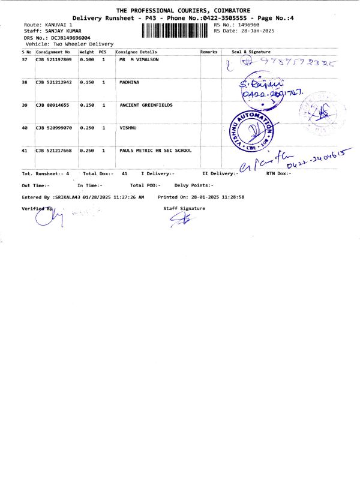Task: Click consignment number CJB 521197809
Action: tap(53, 60)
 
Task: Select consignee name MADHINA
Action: tap(130, 82)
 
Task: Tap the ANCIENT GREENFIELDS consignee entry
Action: tap(146, 105)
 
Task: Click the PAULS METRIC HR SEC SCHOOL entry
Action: tap(155, 151)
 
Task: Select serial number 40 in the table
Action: tap(25, 128)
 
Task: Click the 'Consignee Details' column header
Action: tap(136, 52)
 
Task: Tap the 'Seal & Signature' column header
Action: tap(251, 52)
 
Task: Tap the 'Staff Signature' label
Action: tap(184, 208)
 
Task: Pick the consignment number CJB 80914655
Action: tap(53, 105)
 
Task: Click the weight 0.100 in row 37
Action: tap(87, 60)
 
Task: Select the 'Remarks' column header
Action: tap(209, 52)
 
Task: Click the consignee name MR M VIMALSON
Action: tap(142, 60)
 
